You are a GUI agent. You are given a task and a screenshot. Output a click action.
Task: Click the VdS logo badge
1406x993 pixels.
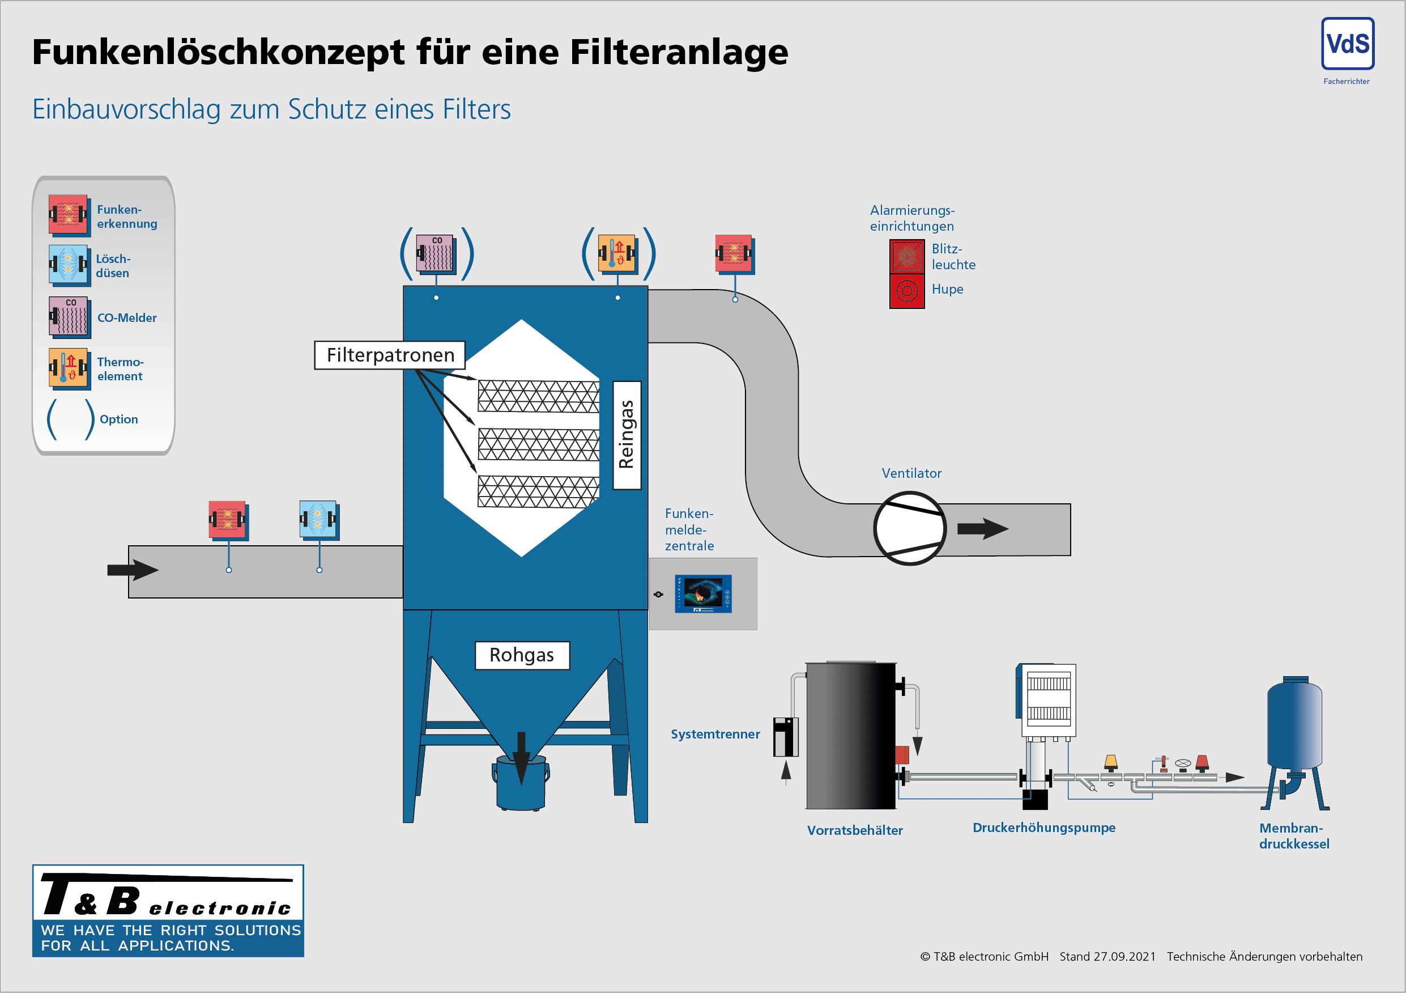coord(1347,44)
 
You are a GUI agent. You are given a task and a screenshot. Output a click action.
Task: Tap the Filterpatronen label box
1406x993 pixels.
coord(390,355)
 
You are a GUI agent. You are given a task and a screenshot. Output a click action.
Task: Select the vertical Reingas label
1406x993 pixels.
coord(627,435)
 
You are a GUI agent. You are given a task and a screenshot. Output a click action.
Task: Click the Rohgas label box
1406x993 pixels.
coord(522,655)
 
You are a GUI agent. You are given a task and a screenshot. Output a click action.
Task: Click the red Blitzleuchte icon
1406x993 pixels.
coord(906,256)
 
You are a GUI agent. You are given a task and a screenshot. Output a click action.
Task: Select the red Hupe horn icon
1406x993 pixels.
coord(906,291)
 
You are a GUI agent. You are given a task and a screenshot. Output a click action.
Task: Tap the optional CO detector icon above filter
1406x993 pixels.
coord(436,253)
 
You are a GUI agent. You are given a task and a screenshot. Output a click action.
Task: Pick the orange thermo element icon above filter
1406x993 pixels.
coord(617,253)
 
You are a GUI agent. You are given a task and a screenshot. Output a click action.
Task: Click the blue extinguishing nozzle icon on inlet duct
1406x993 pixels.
coord(318,520)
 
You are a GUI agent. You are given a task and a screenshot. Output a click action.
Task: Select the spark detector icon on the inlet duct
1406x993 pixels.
coord(228,520)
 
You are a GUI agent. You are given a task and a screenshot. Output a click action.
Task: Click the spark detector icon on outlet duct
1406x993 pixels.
coord(734,253)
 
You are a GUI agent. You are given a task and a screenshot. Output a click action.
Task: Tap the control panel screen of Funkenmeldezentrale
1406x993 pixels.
coord(702,593)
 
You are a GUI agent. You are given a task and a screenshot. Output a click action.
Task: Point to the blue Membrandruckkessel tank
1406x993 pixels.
coord(1294,726)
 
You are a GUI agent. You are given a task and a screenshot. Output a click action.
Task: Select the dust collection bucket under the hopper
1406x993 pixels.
coord(521,784)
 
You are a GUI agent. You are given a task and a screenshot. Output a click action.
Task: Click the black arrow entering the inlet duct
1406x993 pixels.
coord(132,570)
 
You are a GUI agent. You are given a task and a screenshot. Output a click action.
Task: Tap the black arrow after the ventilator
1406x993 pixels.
coord(982,529)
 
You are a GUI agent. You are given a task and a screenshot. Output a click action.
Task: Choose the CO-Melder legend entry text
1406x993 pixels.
coord(127,318)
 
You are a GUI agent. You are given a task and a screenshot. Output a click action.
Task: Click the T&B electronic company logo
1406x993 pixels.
coord(168,910)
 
